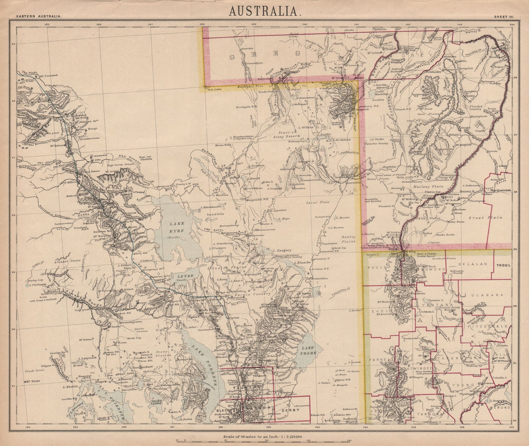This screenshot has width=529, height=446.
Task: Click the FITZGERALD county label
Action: [x=488, y=327]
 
